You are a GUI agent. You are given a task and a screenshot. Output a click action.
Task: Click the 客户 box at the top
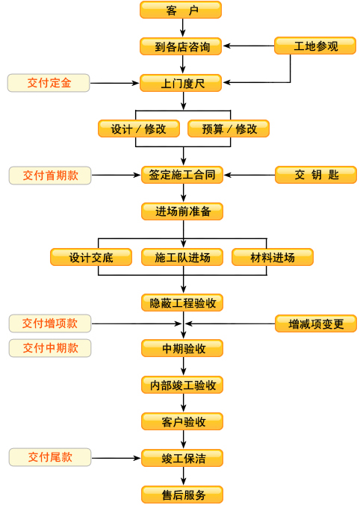click(x=181, y=10)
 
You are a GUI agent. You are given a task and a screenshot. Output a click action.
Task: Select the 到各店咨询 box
click(x=181, y=46)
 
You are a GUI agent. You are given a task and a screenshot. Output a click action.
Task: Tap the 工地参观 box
click(x=315, y=46)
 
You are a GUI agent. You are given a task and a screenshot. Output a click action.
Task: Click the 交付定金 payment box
click(x=49, y=83)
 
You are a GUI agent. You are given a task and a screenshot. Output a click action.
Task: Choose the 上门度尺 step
click(x=181, y=83)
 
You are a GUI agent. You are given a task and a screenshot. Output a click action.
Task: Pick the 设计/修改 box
click(x=139, y=128)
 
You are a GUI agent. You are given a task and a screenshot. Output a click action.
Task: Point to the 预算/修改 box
click(x=229, y=128)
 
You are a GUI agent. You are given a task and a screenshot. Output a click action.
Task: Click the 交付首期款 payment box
click(x=50, y=176)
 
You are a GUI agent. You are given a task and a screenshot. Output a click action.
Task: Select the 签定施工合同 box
click(x=182, y=175)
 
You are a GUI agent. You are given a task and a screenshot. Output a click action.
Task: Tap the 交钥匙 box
click(x=316, y=175)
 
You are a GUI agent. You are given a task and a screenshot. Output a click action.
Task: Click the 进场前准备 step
click(x=182, y=211)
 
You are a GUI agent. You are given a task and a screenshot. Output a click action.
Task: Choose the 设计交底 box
click(x=91, y=257)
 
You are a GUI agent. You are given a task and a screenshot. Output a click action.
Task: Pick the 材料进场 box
click(x=273, y=257)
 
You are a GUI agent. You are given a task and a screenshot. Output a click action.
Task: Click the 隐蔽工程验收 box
click(x=182, y=303)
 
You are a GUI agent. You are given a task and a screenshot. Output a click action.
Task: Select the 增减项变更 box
click(x=316, y=323)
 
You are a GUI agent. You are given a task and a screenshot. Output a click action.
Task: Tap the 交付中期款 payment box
click(x=50, y=348)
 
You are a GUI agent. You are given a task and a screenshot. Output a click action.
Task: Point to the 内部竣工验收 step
click(x=182, y=385)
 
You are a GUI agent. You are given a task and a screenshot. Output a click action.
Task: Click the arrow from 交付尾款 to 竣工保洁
click(x=117, y=458)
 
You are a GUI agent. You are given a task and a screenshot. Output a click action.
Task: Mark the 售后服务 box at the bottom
click(x=182, y=495)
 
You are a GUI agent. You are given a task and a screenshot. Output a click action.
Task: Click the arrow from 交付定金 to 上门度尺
click(x=114, y=83)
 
